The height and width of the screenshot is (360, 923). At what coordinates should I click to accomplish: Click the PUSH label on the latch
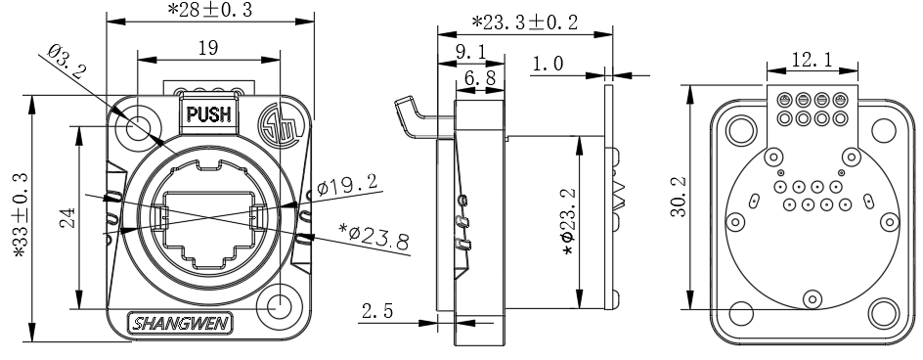tap(209, 113)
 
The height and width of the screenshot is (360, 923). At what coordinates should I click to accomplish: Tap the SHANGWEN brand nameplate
tap(181, 324)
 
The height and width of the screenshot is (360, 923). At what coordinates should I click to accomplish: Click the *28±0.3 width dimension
tap(210, 10)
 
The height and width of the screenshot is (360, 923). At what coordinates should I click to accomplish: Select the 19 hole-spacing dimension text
tap(208, 48)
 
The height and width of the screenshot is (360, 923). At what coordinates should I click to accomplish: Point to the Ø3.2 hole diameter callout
tap(66, 62)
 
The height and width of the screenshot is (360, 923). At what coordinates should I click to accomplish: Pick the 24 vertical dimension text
tap(67, 217)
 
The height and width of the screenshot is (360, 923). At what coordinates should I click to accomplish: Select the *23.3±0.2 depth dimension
tap(525, 22)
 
